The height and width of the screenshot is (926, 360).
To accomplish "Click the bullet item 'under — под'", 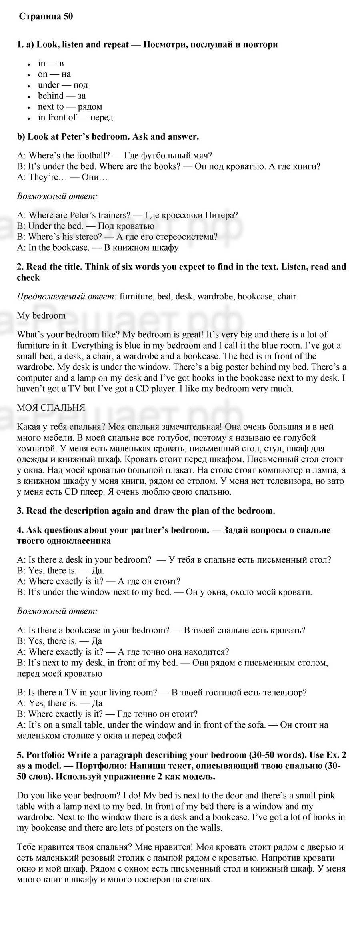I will [63, 85].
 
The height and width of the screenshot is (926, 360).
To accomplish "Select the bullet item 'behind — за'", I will [62, 96].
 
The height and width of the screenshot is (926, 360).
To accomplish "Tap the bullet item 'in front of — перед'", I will [75, 117].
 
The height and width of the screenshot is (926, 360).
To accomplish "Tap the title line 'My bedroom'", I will [41, 315].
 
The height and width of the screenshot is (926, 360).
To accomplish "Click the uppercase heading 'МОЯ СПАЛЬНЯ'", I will [51, 408].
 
